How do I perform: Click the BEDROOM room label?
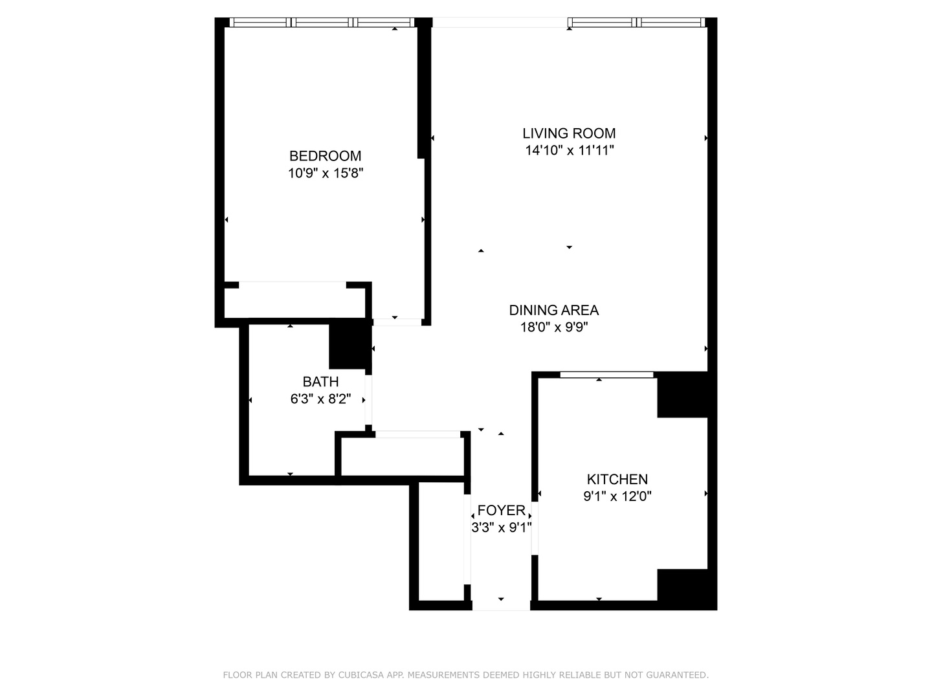point(325,156)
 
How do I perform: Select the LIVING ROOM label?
point(569,133)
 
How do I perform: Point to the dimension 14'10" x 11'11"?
point(569,151)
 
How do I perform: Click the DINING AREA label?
point(553,310)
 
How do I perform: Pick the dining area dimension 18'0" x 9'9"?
point(553,327)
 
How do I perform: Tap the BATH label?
point(320,382)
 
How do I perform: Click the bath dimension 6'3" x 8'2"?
point(320,399)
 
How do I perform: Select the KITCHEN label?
point(617,480)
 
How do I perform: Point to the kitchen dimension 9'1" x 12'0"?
point(617,497)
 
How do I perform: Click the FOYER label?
point(501,511)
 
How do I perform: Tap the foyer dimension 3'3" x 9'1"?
point(501,528)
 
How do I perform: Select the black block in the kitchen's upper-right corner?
point(682,395)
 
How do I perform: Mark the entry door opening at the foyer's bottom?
point(501,606)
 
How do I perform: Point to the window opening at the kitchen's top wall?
point(606,375)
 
